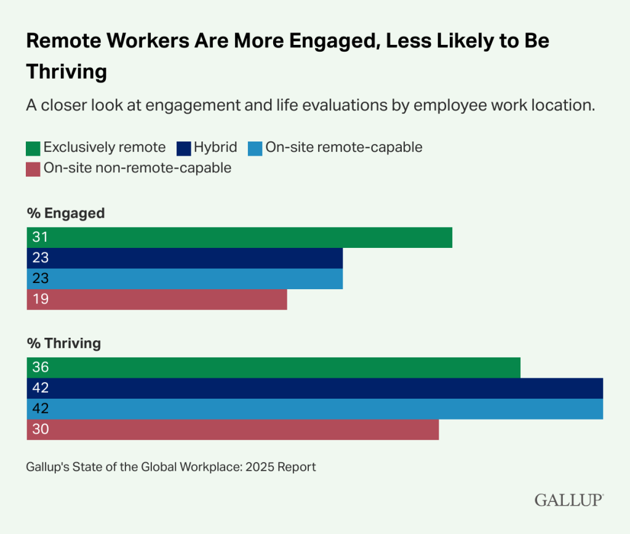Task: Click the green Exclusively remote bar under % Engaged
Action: tap(239, 237)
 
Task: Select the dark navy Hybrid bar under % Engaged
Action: tap(185, 258)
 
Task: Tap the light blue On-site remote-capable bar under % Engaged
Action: tap(185, 279)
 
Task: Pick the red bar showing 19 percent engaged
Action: tap(157, 299)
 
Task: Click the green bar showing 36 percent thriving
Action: tap(274, 367)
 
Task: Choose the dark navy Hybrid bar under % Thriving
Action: tap(314, 388)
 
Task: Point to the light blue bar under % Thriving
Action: tap(314, 408)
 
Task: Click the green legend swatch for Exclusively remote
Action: tap(33, 148)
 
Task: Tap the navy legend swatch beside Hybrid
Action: tap(183, 148)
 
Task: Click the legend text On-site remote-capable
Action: tap(344, 148)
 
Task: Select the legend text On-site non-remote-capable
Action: tap(137, 168)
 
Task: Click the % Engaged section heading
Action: tap(66, 213)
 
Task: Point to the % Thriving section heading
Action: tap(64, 343)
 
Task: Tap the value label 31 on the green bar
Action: tap(40, 237)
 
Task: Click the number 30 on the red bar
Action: tap(41, 429)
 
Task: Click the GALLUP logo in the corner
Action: tap(568, 500)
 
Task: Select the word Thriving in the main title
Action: tap(66, 71)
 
